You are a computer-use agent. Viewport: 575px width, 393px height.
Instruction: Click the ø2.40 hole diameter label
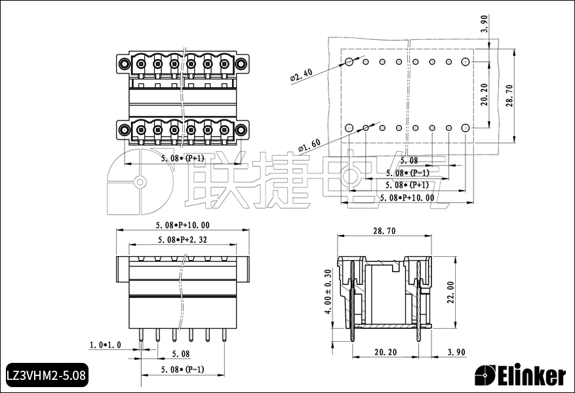301,76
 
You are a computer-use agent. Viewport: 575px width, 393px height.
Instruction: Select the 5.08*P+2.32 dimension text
183,240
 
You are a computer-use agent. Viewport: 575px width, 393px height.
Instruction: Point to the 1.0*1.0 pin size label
106,345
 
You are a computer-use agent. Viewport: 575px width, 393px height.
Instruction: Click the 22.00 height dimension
450,294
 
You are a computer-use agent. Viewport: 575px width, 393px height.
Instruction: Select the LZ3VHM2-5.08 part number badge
45,376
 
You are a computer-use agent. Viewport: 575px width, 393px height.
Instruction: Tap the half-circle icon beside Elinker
485,375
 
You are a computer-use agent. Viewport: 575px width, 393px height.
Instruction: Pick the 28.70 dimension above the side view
384,231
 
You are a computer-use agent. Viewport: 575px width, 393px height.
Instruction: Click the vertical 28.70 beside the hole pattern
509,95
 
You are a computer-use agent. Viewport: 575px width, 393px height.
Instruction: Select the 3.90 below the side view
456,352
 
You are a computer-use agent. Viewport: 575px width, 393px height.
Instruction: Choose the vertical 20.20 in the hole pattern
484,95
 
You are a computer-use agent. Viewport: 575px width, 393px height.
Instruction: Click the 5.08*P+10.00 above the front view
183,225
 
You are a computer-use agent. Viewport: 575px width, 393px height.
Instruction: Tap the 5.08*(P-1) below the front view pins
183,369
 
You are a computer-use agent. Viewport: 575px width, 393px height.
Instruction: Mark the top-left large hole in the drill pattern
349,62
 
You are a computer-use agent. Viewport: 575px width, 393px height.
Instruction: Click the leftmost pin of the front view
142,335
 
